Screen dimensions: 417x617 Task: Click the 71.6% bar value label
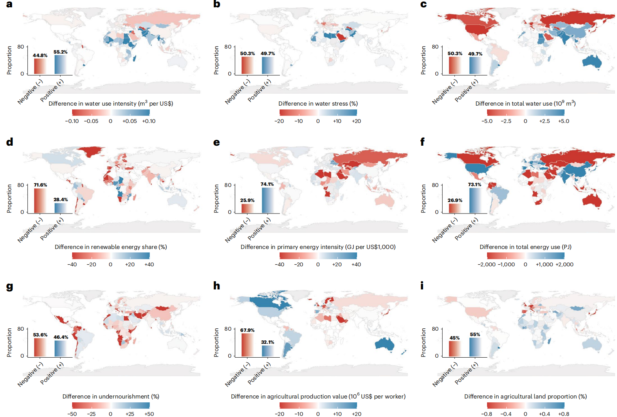click(x=40, y=185)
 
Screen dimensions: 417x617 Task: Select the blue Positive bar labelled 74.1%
click(x=268, y=200)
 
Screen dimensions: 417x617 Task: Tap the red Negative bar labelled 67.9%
click(x=247, y=345)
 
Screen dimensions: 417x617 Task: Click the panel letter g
click(x=10, y=286)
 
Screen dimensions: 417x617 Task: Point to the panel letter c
click(x=423, y=5)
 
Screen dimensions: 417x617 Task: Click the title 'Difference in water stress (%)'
click(x=318, y=104)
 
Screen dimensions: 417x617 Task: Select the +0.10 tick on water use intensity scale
click(x=148, y=121)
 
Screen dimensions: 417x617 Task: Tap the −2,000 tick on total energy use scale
click(x=487, y=264)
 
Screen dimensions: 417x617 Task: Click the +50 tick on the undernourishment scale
click(x=149, y=414)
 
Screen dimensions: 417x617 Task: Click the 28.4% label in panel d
click(x=61, y=200)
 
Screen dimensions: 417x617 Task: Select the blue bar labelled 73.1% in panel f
click(x=475, y=200)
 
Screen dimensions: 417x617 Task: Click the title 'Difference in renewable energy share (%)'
click(x=111, y=247)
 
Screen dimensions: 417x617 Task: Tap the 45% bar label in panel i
click(x=455, y=338)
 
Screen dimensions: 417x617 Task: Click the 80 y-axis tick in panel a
click(x=21, y=47)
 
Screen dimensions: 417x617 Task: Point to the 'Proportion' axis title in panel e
click(x=216, y=198)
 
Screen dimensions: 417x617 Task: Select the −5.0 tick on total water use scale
click(x=487, y=121)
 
